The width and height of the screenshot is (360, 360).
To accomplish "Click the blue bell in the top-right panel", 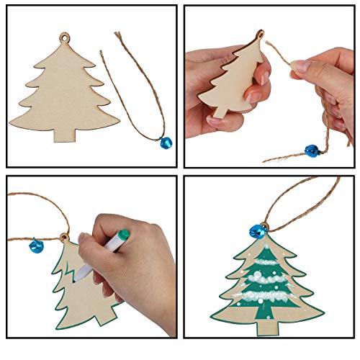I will coord(312,150).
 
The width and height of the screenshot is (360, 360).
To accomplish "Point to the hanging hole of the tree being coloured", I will coord(63,237).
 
